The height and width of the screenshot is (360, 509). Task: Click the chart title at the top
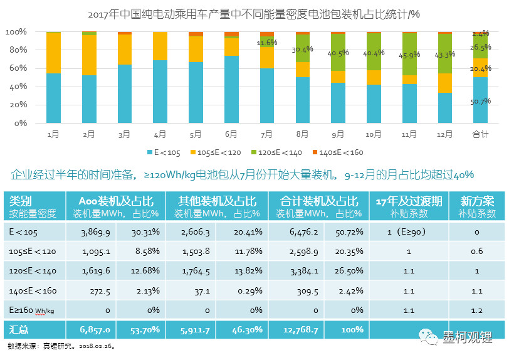[254, 13]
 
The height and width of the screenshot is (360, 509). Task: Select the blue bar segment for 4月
[160, 92]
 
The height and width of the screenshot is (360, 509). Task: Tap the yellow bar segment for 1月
[53, 53]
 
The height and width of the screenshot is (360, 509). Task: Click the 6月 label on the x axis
[231, 134]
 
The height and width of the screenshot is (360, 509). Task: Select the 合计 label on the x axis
[480, 134]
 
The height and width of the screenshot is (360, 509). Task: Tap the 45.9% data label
[409, 56]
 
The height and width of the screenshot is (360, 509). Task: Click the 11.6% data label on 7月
[267, 43]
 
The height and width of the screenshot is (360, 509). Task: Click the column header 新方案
[477, 201]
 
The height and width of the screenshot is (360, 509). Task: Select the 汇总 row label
[19, 329]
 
